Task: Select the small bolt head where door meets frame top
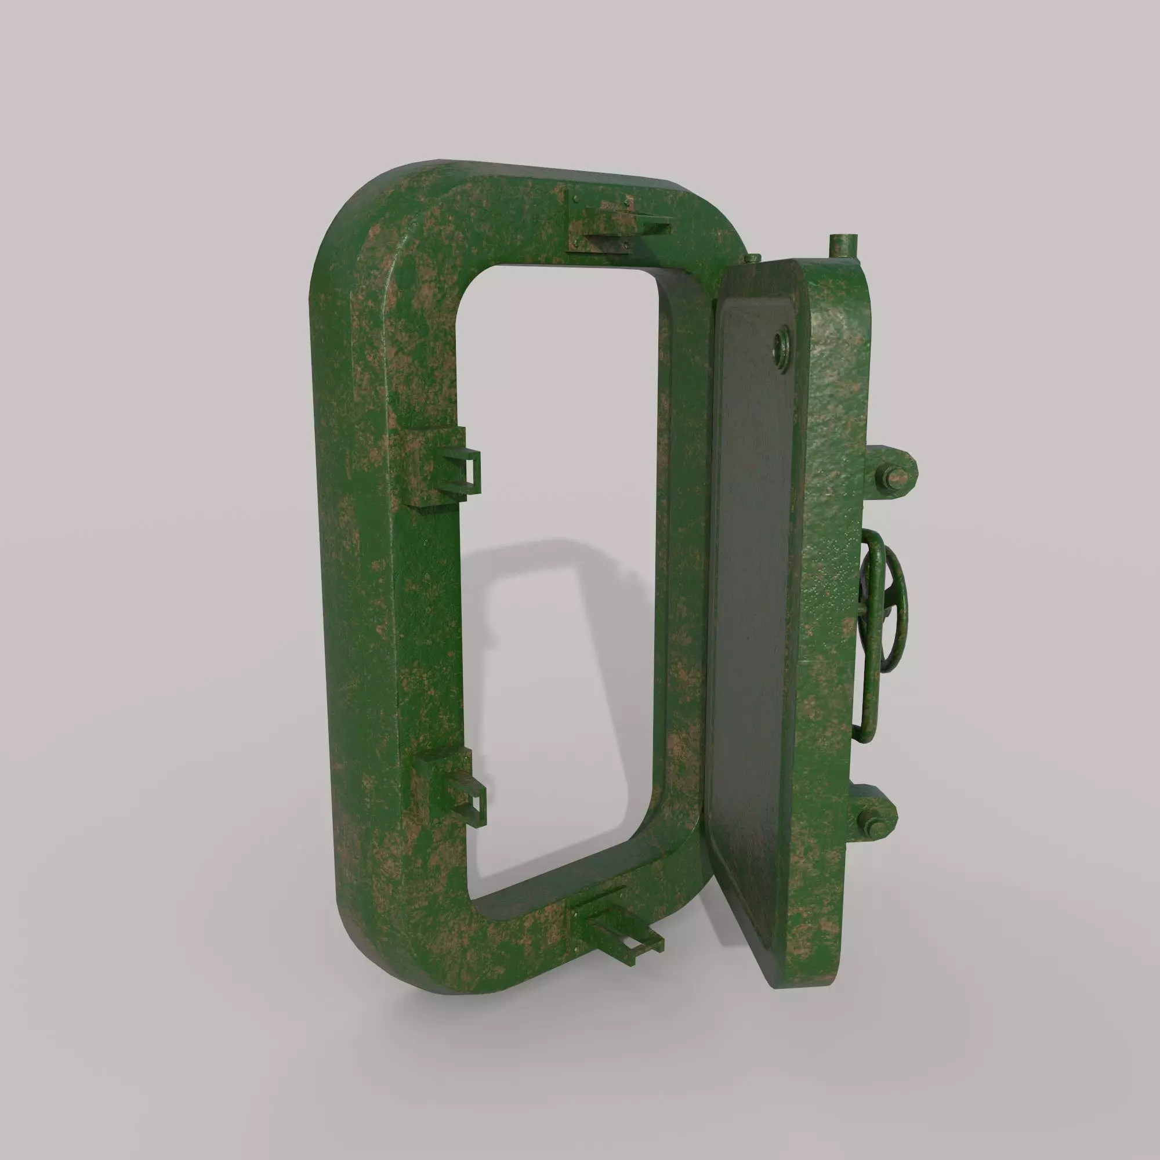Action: pos(750,259)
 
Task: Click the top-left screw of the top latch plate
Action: pos(577,199)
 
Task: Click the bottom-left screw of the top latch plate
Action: pos(577,242)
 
